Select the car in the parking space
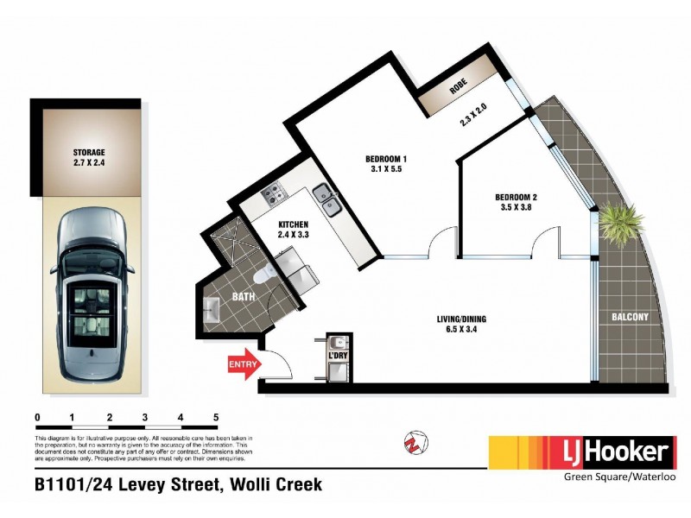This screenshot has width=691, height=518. point(89,294)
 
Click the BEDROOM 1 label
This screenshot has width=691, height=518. point(385,159)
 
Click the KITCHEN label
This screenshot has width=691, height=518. point(293,224)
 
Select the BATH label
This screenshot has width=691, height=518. point(243,298)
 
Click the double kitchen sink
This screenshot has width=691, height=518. point(326,200)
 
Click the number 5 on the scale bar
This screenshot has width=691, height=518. point(216,418)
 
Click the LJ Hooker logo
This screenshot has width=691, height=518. point(581,452)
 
